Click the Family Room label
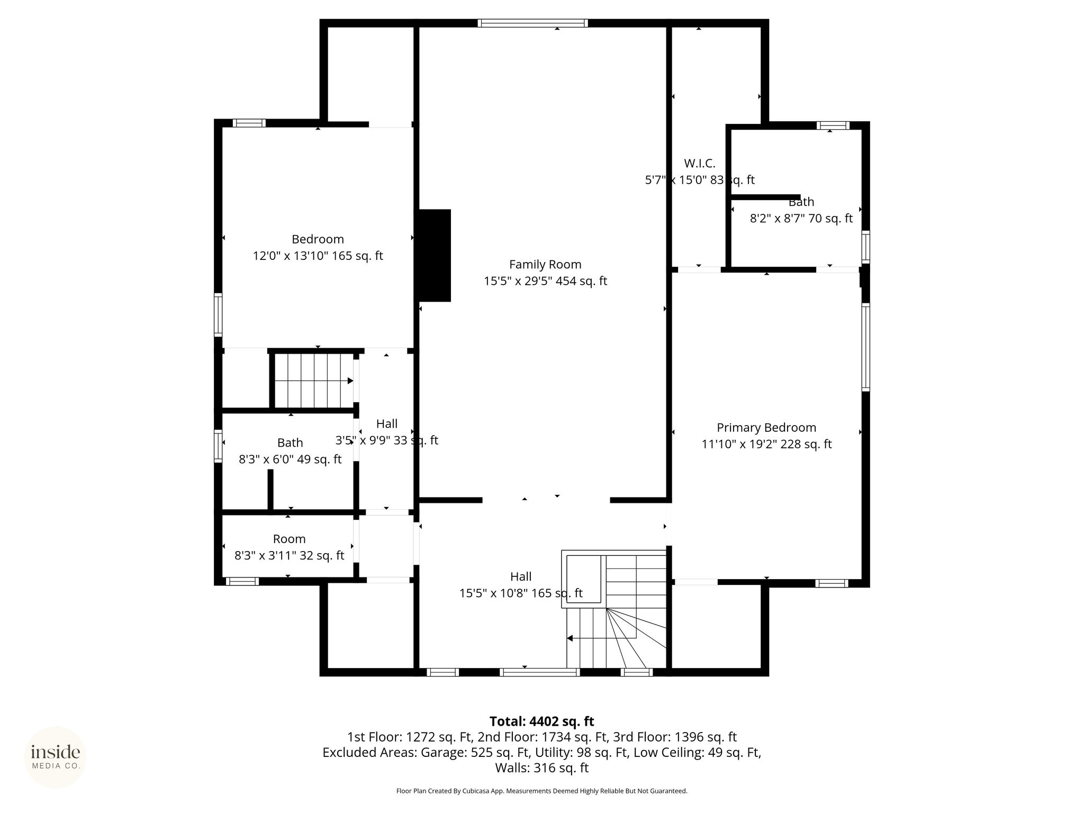click(x=545, y=265)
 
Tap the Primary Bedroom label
click(x=766, y=428)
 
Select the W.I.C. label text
click(x=700, y=164)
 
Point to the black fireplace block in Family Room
click(x=435, y=256)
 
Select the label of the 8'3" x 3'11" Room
click(x=290, y=539)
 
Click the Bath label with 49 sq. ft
click(x=290, y=443)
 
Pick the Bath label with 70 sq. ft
click(x=801, y=202)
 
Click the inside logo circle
click(x=56, y=757)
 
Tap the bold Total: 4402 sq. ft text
click(x=542, y=721)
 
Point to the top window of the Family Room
click(x=532, y=23)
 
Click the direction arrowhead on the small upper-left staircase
click(x=350, y=381)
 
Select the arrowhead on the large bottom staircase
click(x=570, y=639)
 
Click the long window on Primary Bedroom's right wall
click(x=865, y=347)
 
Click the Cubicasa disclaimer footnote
click(x=542, y=791)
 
